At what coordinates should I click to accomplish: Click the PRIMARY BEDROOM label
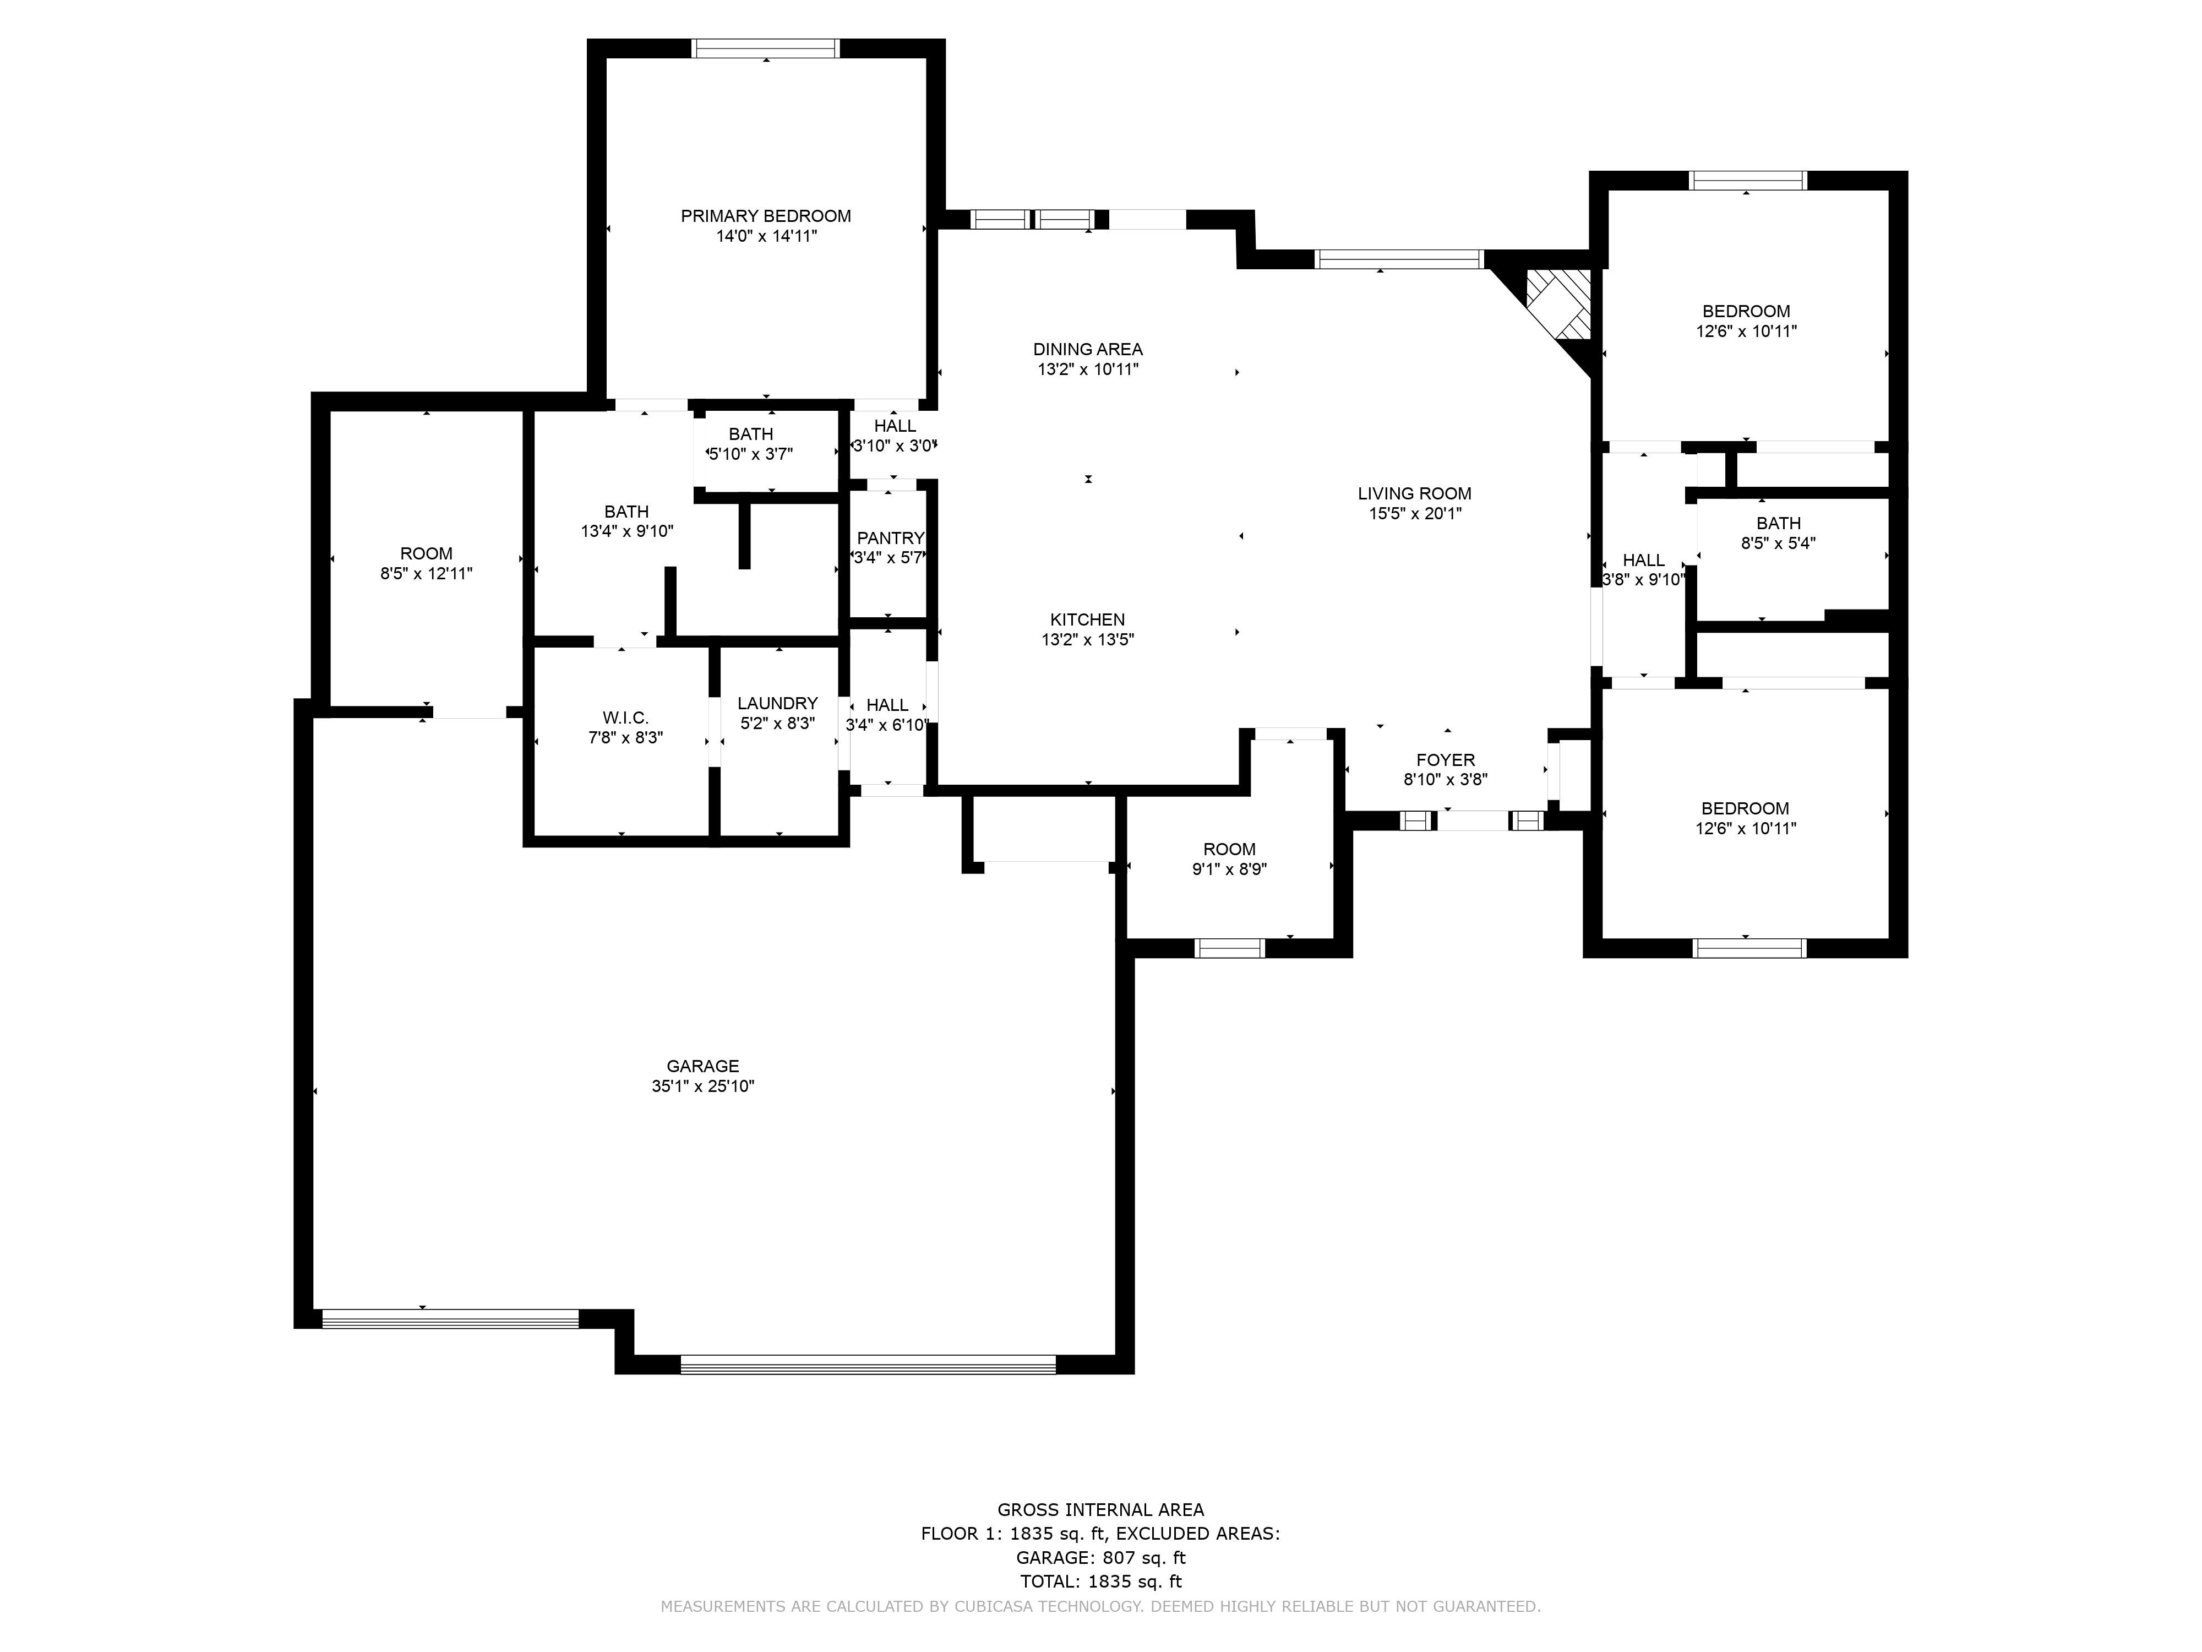766,216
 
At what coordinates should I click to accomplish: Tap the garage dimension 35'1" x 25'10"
703,1086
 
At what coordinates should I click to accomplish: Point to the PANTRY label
890,539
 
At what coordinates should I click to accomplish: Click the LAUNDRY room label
777,704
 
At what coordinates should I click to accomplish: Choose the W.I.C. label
625,718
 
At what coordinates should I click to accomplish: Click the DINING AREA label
1088,350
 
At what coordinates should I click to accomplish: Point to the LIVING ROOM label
1415,494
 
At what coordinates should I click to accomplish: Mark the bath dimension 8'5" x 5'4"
1778,544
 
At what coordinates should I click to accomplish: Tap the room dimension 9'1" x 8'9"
1229,870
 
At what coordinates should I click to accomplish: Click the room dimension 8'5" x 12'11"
426,574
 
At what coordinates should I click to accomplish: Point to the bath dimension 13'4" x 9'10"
627,532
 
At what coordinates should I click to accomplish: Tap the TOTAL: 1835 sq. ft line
1101,1582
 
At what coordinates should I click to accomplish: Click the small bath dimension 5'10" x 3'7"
750,454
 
